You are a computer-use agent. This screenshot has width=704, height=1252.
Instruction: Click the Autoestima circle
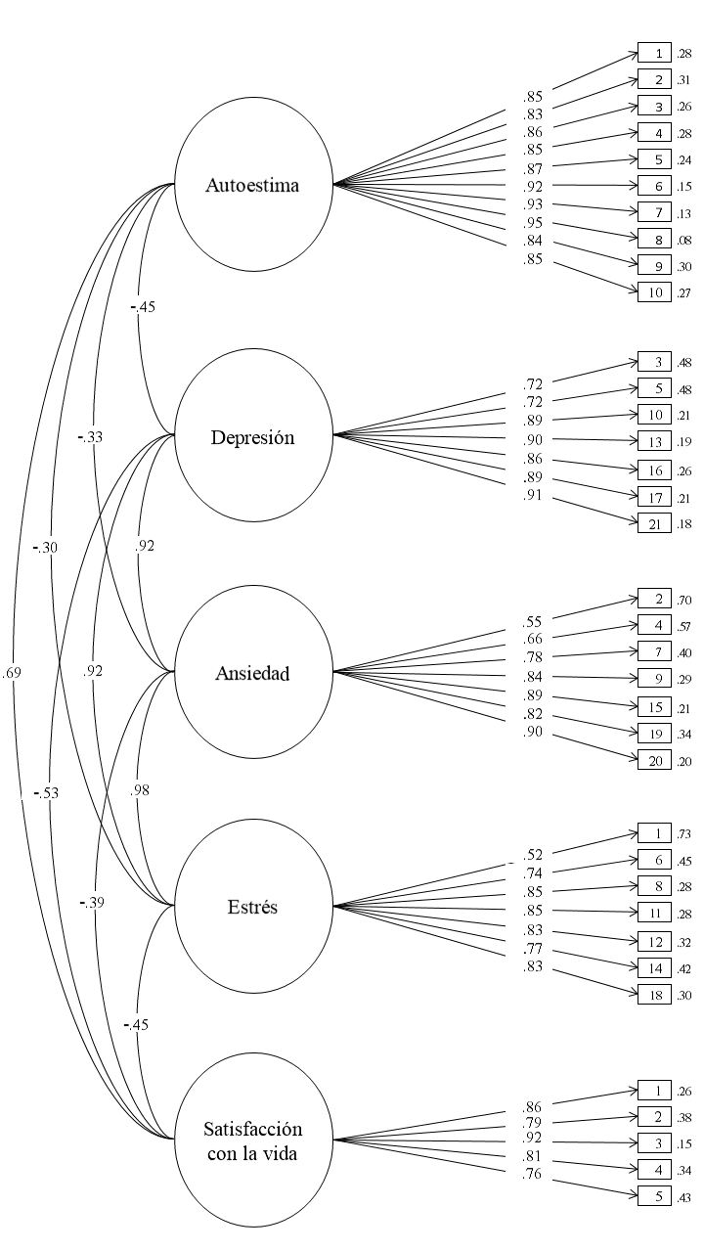253,185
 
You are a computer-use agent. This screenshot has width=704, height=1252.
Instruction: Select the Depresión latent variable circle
253,437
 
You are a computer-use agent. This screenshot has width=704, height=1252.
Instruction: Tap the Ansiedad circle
253,673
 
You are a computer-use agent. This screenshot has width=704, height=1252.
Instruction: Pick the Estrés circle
253,907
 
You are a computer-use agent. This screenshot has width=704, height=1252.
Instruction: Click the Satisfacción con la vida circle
253,1143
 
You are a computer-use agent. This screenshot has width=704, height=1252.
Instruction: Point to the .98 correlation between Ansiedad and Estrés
140,790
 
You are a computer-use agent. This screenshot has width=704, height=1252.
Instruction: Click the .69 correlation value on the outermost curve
12,673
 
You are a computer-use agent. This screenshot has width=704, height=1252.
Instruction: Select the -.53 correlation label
44,792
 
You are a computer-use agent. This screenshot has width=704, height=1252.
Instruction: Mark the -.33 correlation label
92,437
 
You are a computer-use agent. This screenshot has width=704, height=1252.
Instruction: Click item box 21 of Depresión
654,524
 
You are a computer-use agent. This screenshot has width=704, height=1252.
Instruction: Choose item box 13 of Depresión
654,440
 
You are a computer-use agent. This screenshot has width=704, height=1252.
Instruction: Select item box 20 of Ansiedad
654,761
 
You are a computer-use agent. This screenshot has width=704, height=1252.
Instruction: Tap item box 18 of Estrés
654,996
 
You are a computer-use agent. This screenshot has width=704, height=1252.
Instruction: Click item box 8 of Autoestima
654,239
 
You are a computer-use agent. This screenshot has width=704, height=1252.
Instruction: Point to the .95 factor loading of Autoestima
533,223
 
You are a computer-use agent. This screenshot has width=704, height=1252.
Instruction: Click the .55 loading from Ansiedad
533,620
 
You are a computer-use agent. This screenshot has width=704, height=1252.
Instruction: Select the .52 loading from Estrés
533,854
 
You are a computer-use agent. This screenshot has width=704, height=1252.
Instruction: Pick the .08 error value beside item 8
683,239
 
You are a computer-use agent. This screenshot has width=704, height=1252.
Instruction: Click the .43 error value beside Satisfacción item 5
683,1195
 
